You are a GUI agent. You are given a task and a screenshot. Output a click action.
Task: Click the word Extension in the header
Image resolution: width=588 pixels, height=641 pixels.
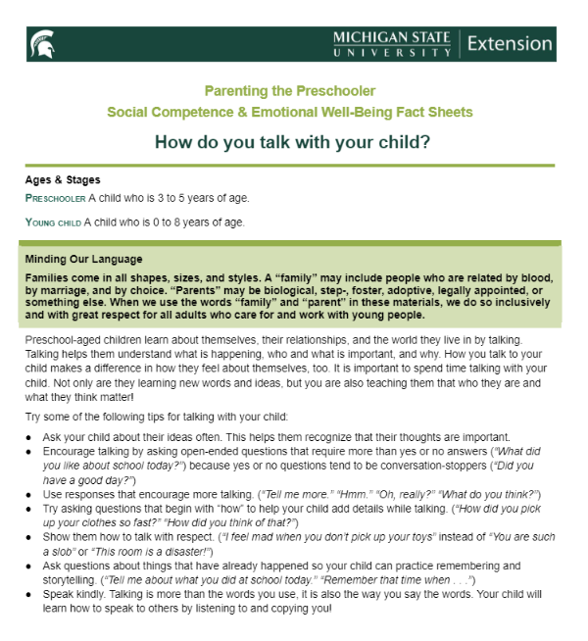[x=510, y=43]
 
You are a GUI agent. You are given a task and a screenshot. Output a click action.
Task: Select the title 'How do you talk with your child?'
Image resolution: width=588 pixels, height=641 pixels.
[x=293, y=141]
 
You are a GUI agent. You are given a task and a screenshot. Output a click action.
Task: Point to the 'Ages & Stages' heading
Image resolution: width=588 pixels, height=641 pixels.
[x=63, y=180]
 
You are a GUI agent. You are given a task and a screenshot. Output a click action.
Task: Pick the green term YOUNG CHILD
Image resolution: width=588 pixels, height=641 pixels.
[x=54, y=222]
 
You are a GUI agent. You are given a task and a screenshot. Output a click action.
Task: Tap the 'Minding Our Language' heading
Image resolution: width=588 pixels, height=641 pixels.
[x=84, y=260]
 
